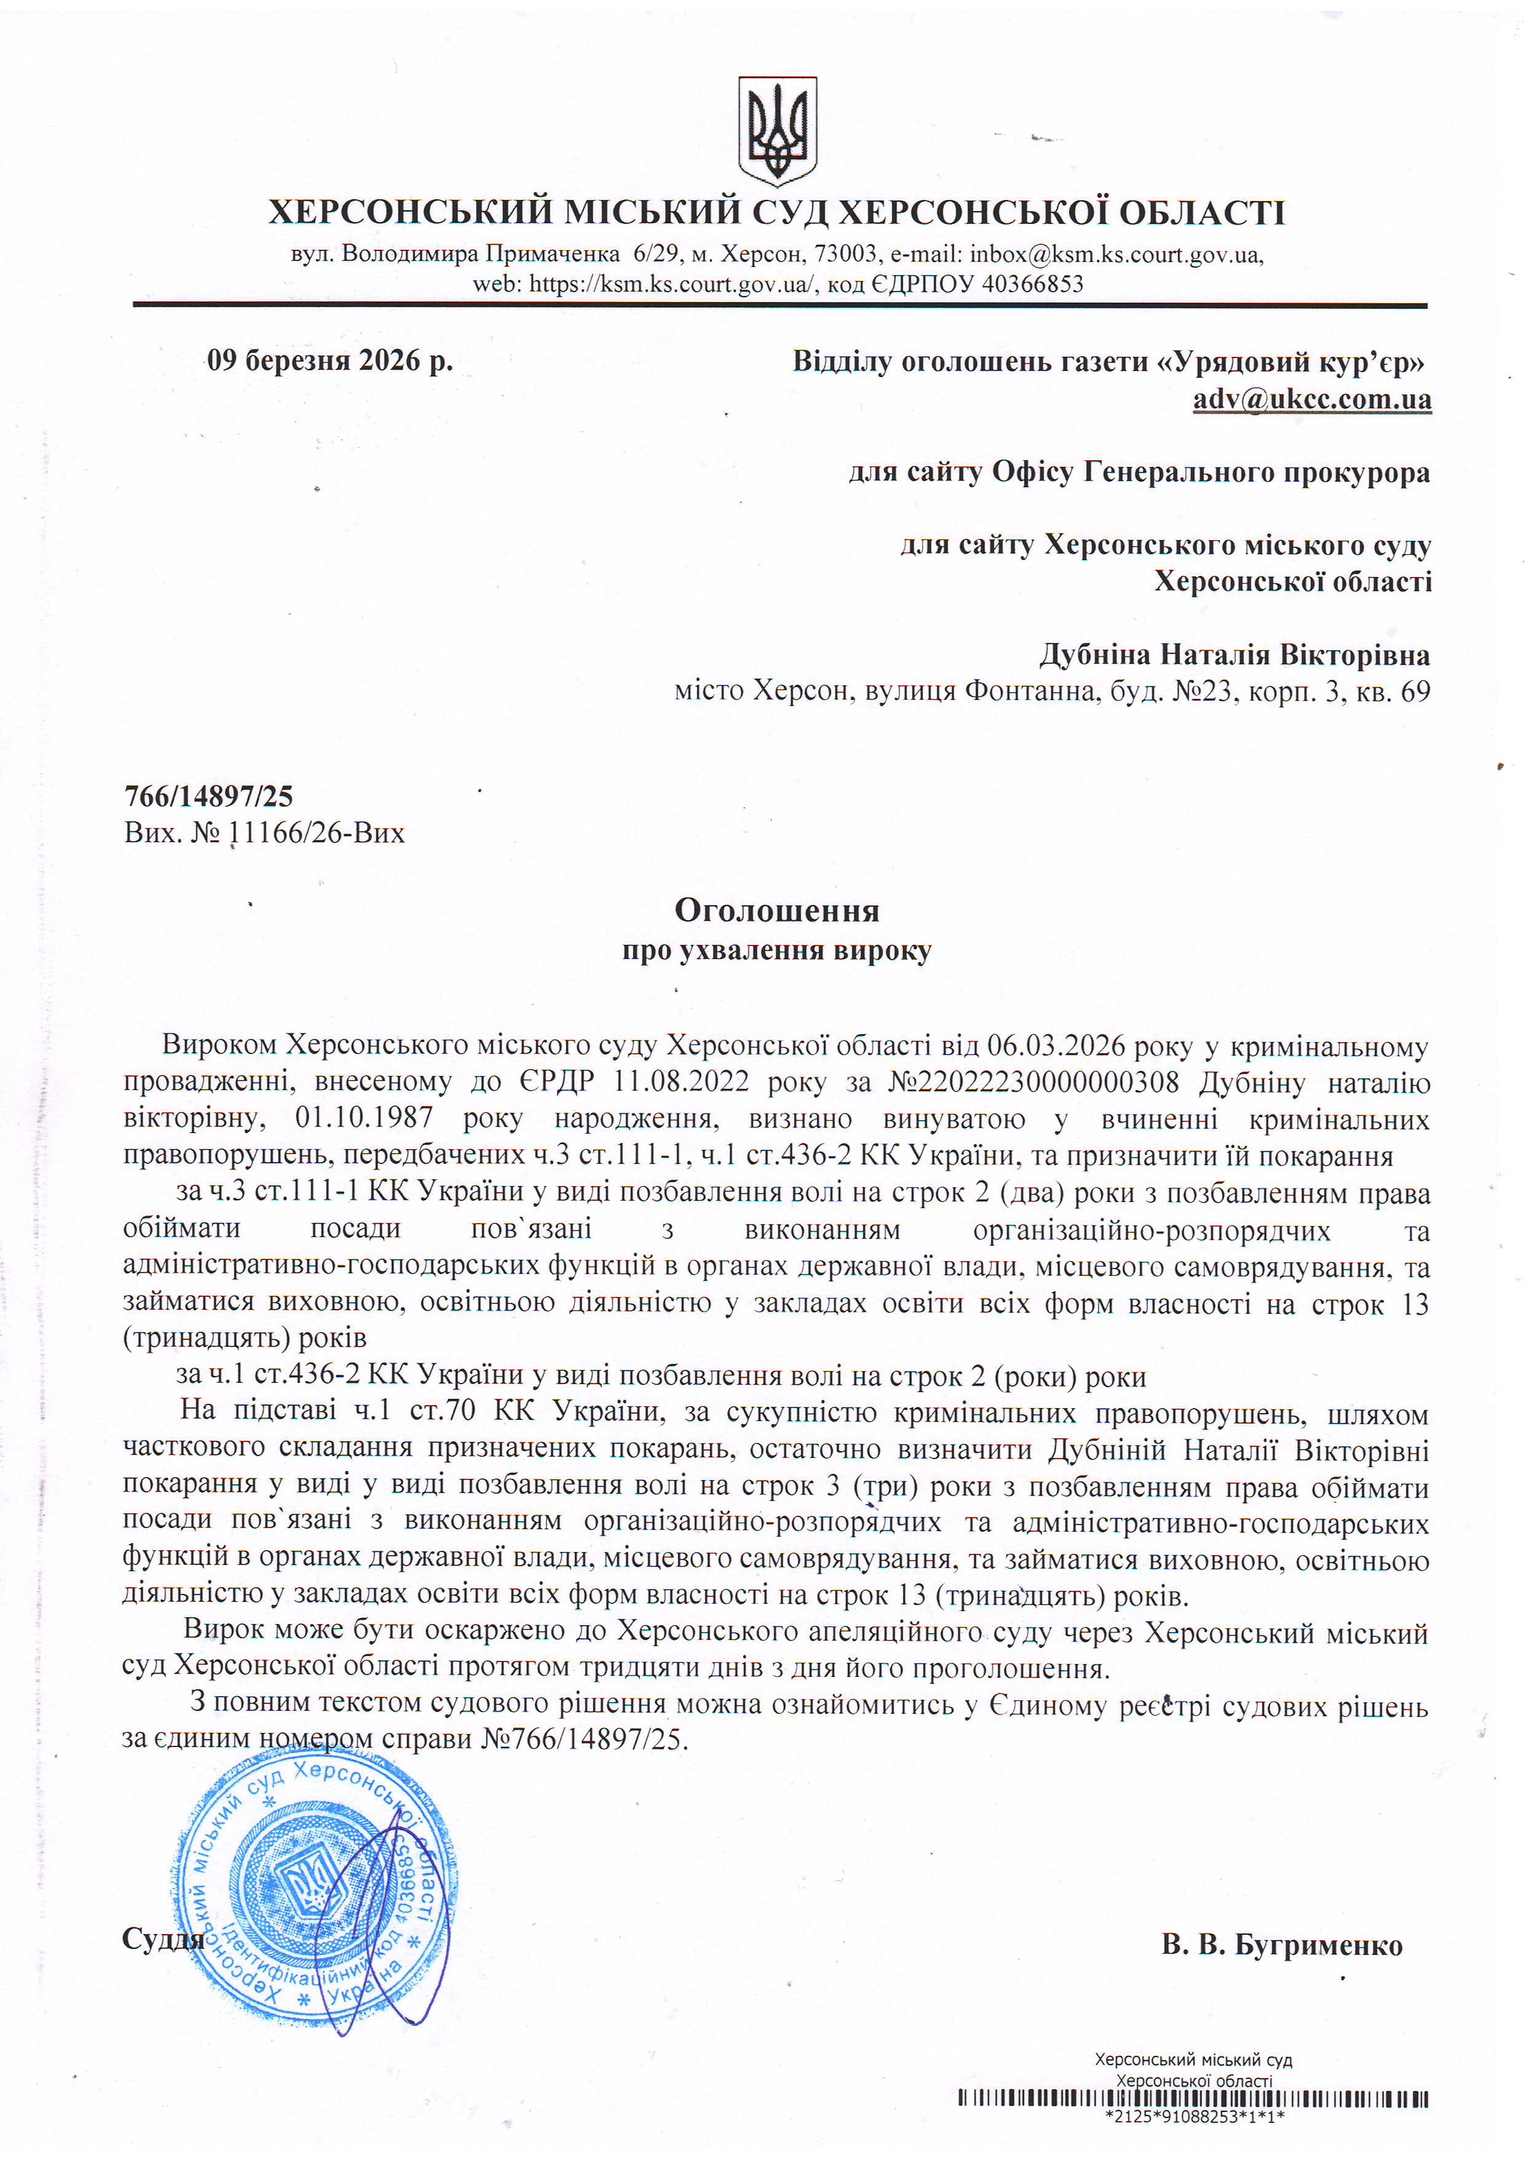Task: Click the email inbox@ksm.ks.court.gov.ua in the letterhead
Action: [1115, 254]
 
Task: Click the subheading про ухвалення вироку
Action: [777, 950]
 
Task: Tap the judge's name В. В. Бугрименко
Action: [1281, 1945]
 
